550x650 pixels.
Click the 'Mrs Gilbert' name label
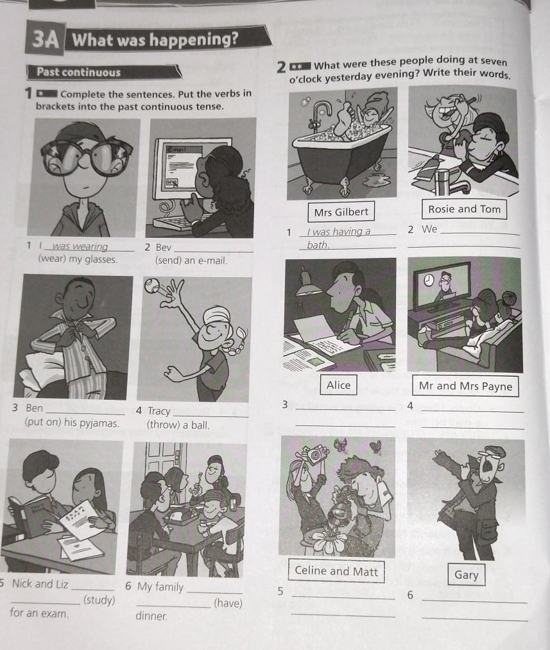click(x=341, y=212)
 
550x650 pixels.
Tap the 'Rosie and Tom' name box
click(x=464, y=209)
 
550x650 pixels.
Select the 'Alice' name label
click(x=338, y=385)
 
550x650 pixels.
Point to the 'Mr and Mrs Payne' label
click(x=465, y=386)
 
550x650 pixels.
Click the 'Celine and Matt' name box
click(x=336, y=571)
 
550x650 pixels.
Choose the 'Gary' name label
click(x=467, y=574)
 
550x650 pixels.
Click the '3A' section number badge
click(x=46, y=39)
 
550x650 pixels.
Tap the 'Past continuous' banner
click(x=103, y=72)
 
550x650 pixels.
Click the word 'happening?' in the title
click(x=194, y=39)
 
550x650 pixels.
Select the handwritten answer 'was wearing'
click(x=80, y=246)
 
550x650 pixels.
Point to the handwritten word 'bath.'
click(x=318, y=245)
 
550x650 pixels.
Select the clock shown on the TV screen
click(x=428, y=280)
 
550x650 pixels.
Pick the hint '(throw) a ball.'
click(x=178, y=425)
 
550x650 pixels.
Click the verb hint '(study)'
click(x=99, y=600)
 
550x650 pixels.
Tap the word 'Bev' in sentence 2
click(x=163, y=248)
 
